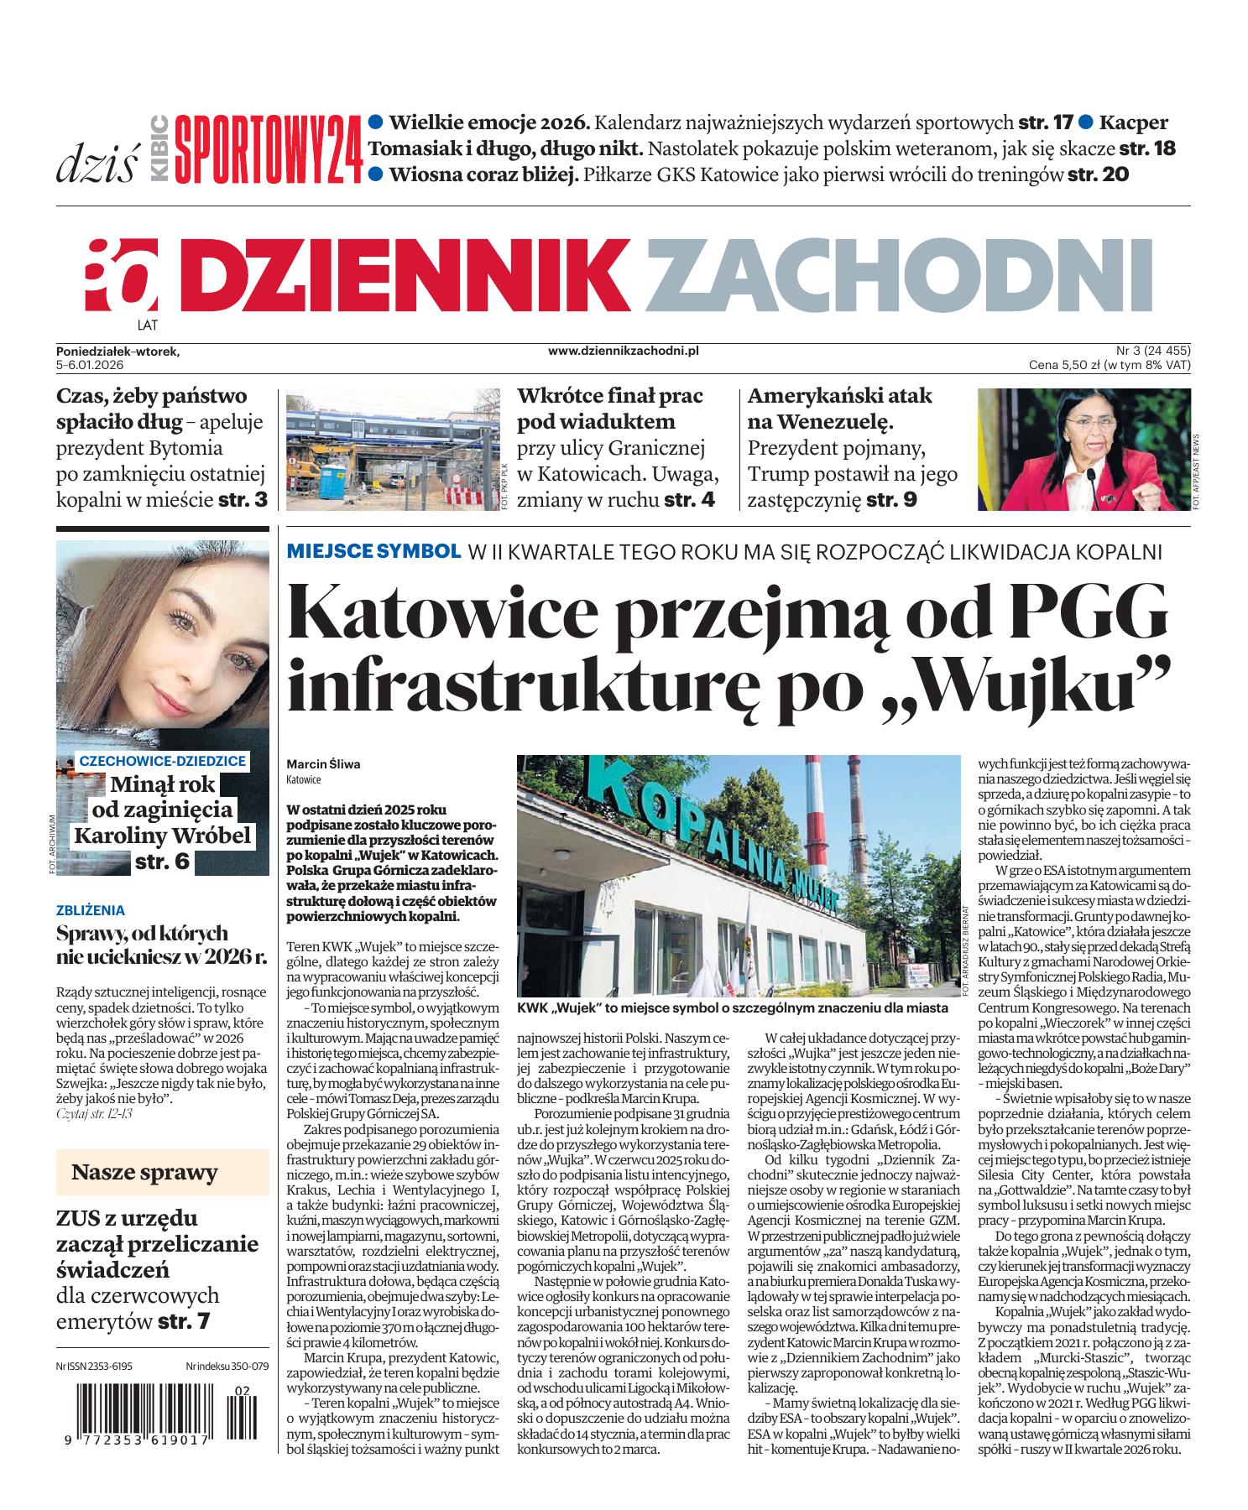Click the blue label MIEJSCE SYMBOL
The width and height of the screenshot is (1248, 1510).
373,552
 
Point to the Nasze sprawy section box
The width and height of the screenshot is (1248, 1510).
144,1172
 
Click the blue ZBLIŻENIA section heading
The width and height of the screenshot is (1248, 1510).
91,909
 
